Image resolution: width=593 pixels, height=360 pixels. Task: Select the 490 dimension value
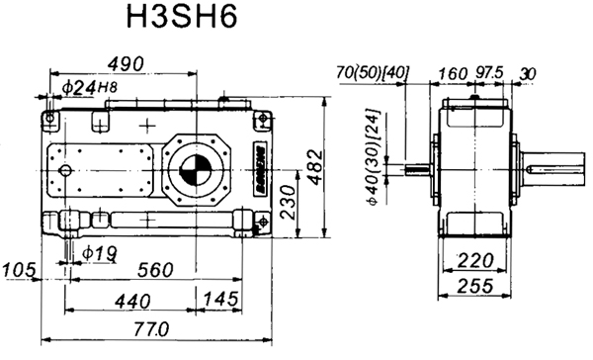click(127, 64)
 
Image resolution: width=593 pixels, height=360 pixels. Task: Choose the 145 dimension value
click(220, 300)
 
